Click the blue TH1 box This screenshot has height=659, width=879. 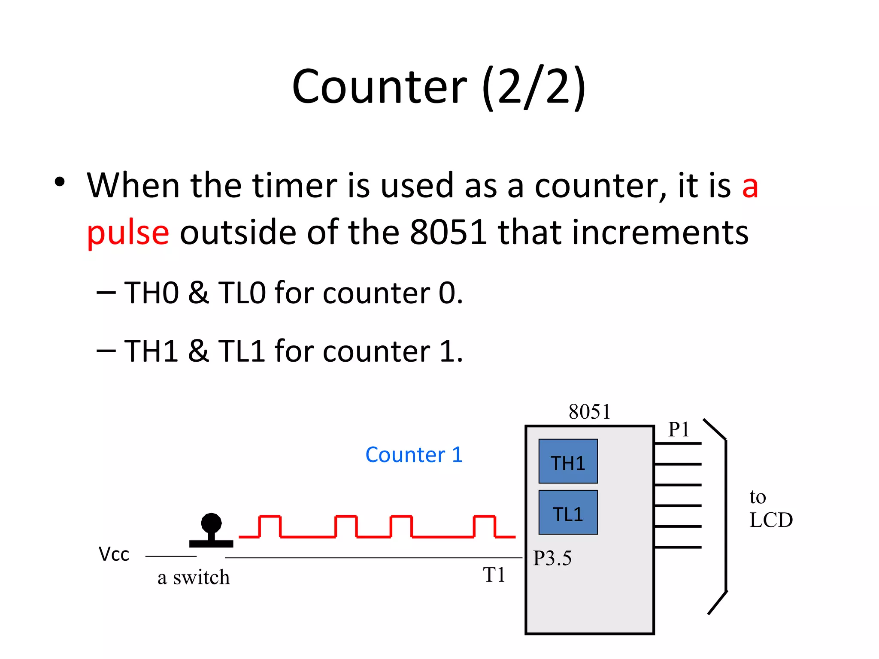click(x=568, y=461)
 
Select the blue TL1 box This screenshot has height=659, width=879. click(x=568, y=512)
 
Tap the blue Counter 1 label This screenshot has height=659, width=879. click(x=414, y=455)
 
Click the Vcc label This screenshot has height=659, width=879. click(x=114, y=554)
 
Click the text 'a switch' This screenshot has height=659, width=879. click(x=194, y=577)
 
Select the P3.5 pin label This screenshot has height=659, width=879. click(x=552, y=558)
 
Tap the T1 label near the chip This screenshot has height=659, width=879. click(x=494, y=575)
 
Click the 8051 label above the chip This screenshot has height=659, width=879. click(x=589, y=412)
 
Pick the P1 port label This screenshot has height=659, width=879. click(x=679, y=429)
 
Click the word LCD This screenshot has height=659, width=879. click(x=771, y=520)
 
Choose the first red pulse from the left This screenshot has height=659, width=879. click(x=270, y=526)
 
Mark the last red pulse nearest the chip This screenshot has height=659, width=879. click(x=485, y=526)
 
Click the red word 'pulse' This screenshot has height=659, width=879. click(x=128, y=233)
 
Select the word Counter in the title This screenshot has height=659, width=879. click(x=379, y=87)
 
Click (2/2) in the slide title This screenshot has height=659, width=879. click(x=533, y=87)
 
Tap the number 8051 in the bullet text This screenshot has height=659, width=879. click(x=448, y=232)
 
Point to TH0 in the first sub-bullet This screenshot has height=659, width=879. click(x=152, y=293)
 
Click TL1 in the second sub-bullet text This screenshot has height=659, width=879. click(x=242, y=351)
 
